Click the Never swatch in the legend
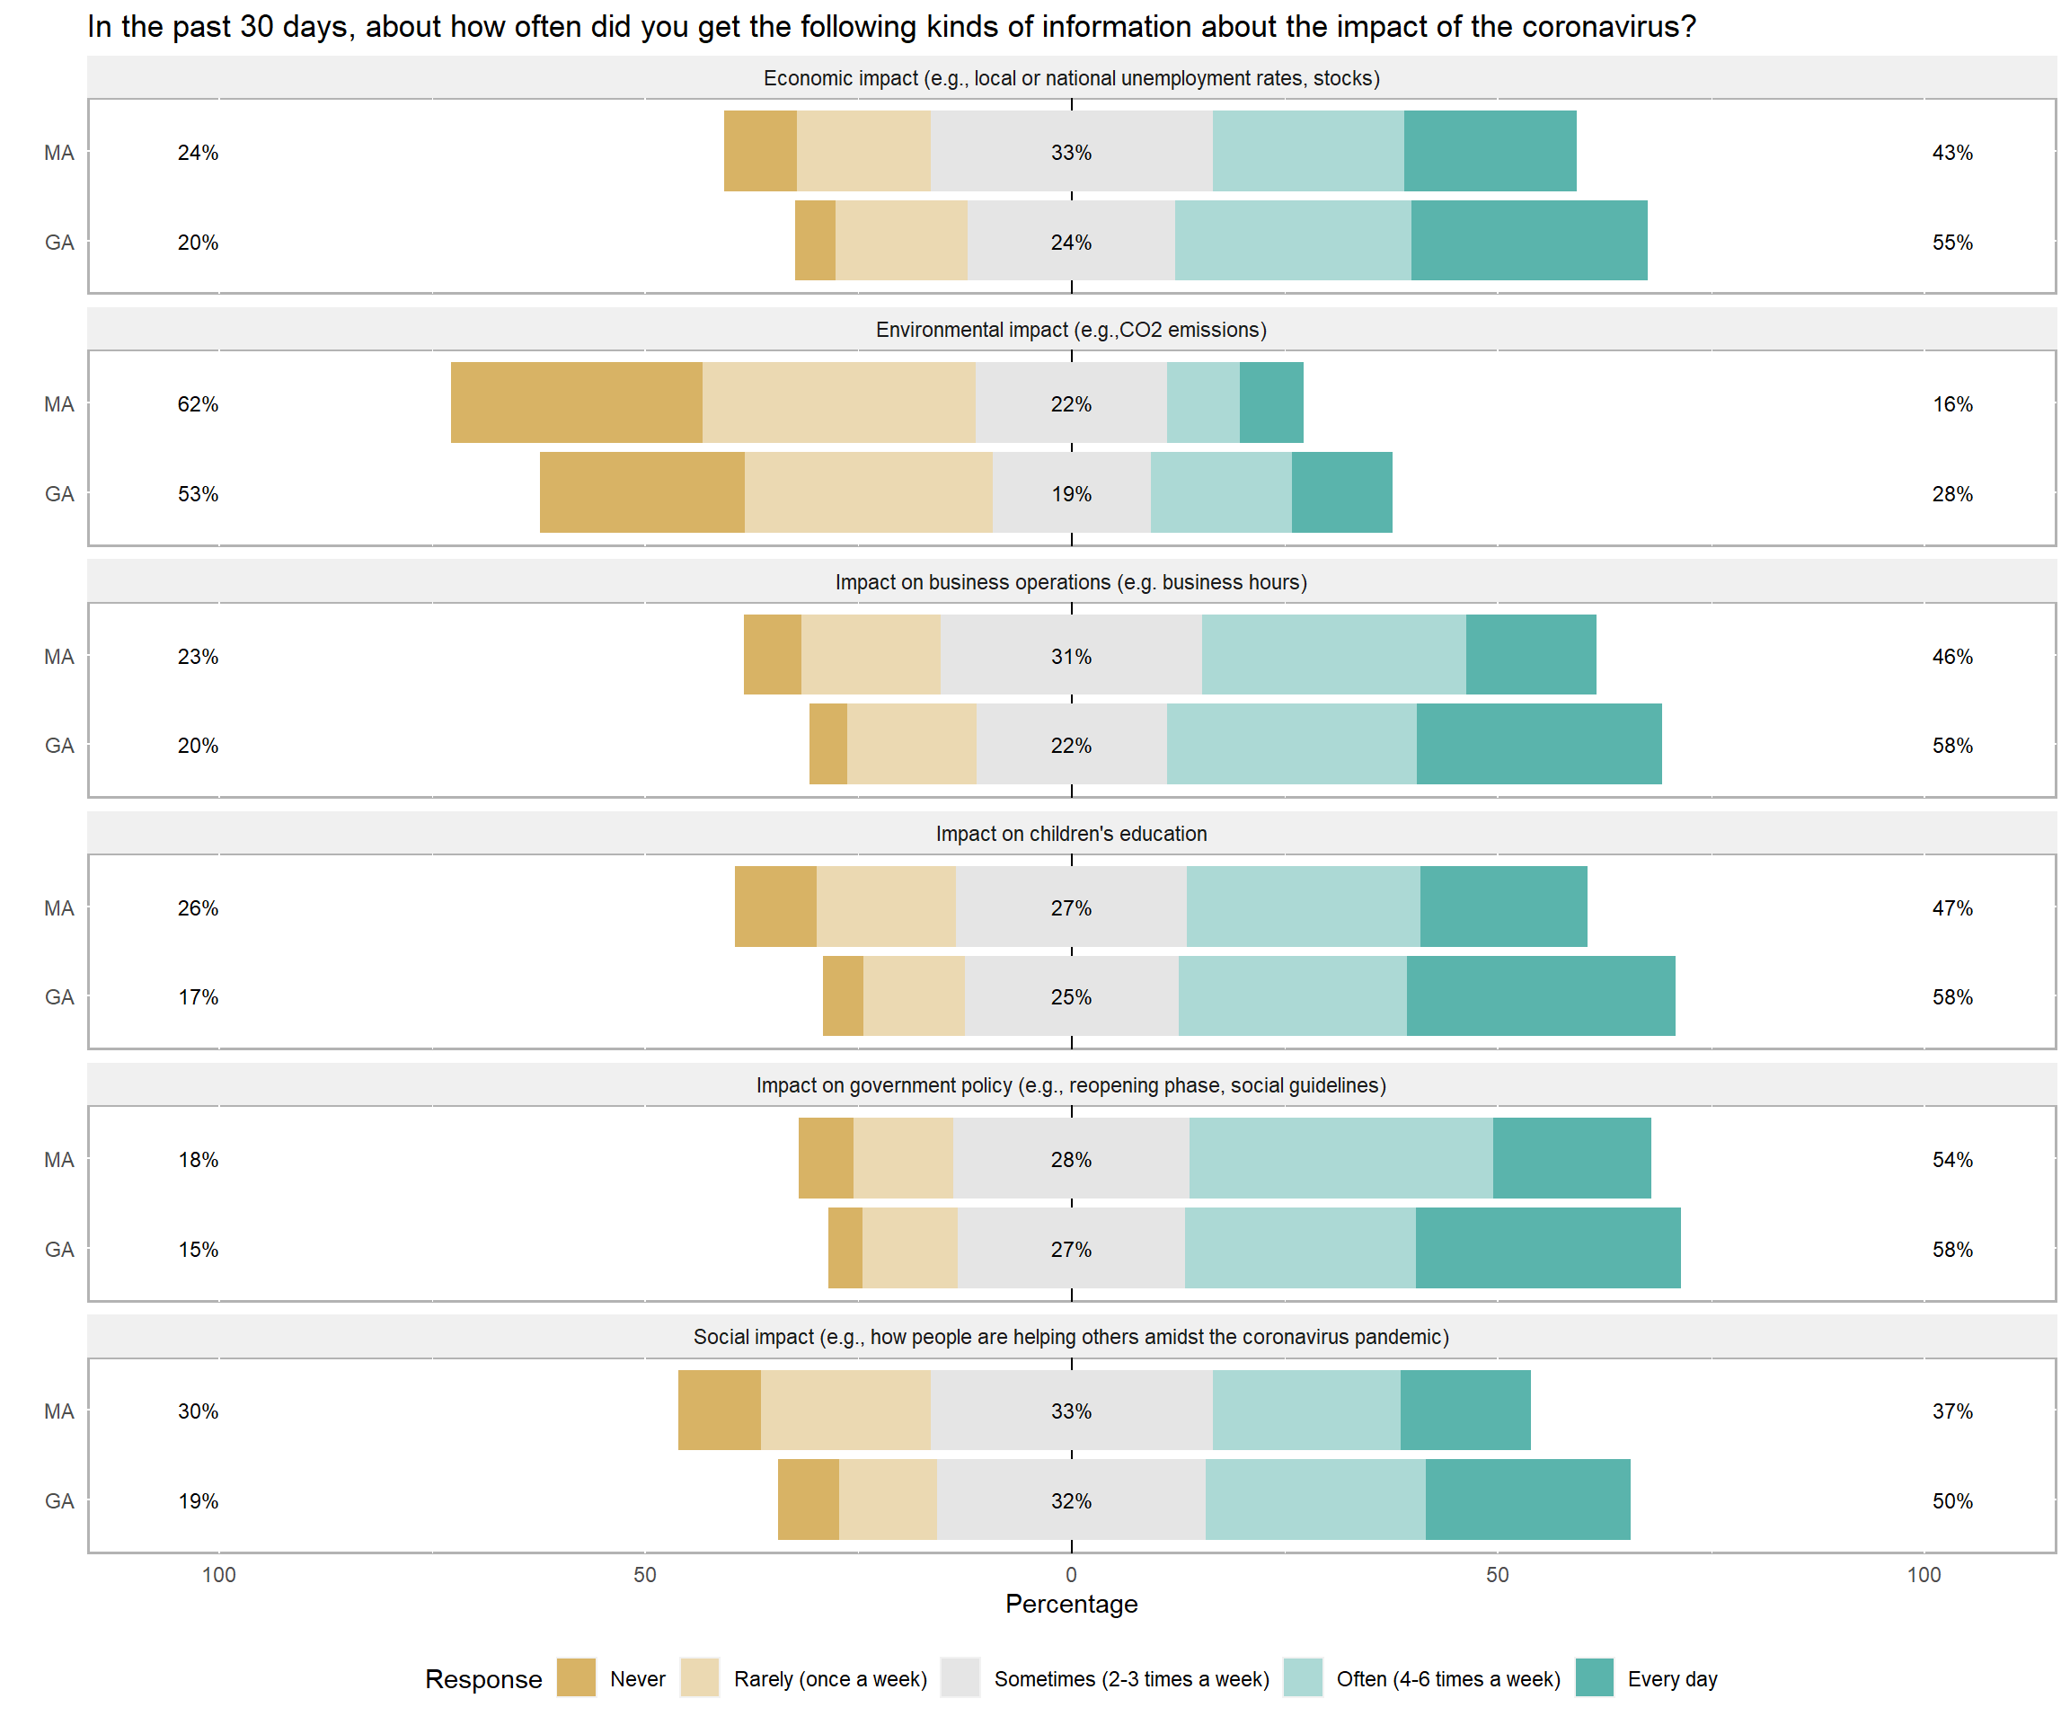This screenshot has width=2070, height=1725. tap(576, 1677)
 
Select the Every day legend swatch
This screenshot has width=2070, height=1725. tap(1594, 1677)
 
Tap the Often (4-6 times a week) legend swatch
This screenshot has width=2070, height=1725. tap(1302, 1677)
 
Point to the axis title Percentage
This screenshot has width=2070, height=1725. tap(1072, 1604)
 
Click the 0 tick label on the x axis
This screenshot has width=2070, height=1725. tap(1072, 1574)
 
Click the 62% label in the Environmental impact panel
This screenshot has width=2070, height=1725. tap(199, 404)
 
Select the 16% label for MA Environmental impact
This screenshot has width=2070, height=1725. tap(1951, 404)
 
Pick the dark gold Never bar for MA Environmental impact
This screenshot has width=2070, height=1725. tap(577, 402)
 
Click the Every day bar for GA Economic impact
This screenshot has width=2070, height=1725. tap(1529, 241)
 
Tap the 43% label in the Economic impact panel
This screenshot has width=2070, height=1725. tap(1951, 153)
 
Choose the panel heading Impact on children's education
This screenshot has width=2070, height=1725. tap(1072, 834)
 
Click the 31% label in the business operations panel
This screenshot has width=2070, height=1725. tap(1072, 657)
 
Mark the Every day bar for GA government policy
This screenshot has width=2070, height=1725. tap(1548, 1248)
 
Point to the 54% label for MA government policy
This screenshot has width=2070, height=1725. tap(1951, 1159)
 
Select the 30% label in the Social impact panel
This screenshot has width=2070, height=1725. tap(199, 1411)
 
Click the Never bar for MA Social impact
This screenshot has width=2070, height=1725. tap(720, 1410)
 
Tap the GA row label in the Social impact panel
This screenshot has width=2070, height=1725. tap(59, 1500)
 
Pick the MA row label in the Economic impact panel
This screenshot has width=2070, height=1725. tap(59, 153)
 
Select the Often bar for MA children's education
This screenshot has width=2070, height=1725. tap(1303, 907)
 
